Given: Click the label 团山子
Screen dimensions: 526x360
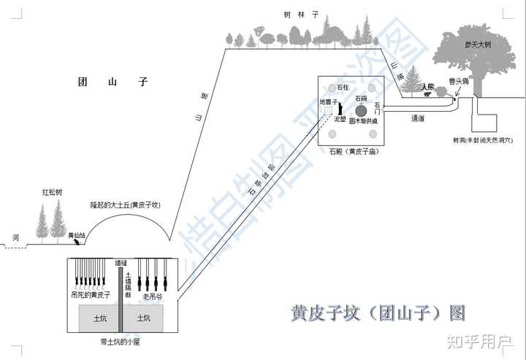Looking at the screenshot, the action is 113,83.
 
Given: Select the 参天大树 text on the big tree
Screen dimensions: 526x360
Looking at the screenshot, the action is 479,45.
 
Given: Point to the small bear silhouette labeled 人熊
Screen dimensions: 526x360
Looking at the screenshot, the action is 427,92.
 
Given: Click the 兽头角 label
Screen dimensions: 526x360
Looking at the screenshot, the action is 458,82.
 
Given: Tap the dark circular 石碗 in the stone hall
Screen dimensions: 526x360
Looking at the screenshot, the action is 361,110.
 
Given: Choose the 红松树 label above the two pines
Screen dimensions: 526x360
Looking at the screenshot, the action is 53,192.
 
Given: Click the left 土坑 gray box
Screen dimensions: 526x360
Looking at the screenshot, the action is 99,318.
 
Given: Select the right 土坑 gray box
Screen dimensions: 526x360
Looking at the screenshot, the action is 144,318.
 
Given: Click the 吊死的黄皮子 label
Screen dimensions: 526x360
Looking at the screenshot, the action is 94,295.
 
